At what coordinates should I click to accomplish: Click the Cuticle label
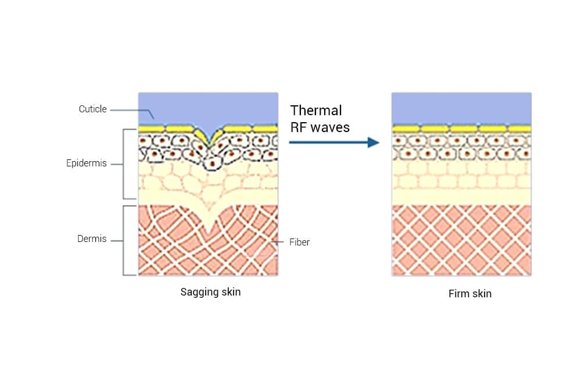tap(92, 109)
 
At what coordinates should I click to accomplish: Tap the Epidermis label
tap(87, 163)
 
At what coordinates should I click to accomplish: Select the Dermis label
tap(92, 239)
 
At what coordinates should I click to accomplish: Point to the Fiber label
tap(299, 242)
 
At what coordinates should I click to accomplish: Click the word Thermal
tap(316, 111)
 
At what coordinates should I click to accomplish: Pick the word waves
tap(331, 127)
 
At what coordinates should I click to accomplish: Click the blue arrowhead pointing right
tap(374, 142)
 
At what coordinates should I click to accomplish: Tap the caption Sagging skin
tap(210, 292)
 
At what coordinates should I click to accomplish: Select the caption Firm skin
tap(470, 294)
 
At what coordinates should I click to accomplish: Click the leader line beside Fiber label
tap(278, 242)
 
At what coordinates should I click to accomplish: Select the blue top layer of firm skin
tap(461, 108)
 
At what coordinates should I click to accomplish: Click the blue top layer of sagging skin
tap(208, 108)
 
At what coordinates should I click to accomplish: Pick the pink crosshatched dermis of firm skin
tap(461, 240)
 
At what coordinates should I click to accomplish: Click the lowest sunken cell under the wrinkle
tap(212, 163)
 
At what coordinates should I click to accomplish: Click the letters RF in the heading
tap(298, 127)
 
